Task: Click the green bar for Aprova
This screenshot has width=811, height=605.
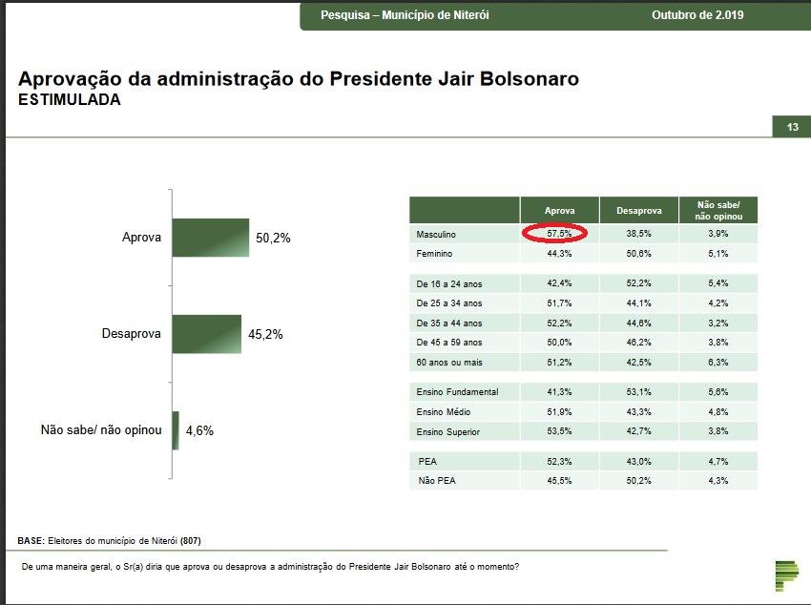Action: coord(210,238)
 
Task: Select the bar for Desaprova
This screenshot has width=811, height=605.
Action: coord(206,334)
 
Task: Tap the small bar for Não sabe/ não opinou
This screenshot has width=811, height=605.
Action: coord(176,430)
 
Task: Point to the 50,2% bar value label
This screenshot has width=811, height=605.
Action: coord(273,238)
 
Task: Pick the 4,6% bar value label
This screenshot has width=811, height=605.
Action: coord(199,431)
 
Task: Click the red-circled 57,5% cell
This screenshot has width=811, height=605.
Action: coord(558,234)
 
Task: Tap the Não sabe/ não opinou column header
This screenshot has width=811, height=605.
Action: coord(718,210)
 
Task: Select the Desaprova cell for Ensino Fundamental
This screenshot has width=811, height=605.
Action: coord(638,392)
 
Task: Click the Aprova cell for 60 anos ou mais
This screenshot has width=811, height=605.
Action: coord(558,363)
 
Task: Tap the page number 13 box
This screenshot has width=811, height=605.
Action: coord(791,128)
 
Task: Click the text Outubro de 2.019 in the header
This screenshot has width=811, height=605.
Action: coord(697,15)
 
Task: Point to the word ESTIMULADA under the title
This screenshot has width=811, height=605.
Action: coord(69,99)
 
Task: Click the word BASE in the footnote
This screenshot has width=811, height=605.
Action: coord(31,541)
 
